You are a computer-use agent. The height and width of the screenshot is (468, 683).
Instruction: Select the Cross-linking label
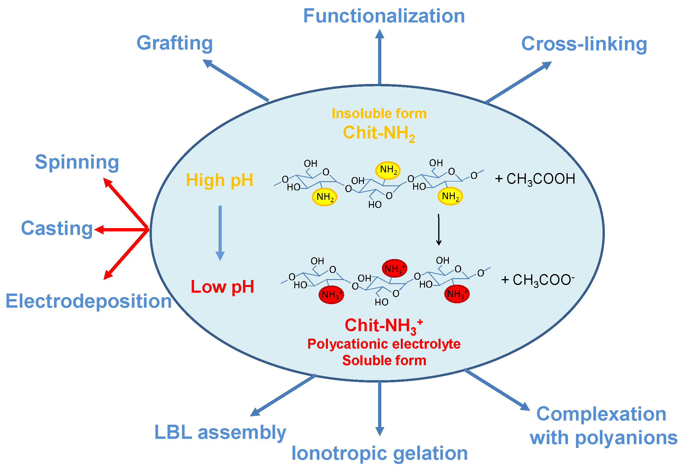584,44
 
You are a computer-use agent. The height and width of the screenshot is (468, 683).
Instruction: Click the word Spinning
77,162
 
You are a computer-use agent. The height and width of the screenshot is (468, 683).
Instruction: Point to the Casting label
57,228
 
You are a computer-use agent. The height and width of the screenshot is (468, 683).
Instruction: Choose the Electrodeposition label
88,301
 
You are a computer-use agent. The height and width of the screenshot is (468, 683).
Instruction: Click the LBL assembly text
220,433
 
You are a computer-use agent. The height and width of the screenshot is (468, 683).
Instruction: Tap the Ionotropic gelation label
380,453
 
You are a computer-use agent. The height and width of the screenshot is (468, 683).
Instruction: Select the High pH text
220,180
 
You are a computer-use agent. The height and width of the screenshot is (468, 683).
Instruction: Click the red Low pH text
222,286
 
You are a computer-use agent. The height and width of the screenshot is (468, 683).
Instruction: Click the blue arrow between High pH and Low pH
220,233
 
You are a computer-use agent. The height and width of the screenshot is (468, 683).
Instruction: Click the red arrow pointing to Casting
121,230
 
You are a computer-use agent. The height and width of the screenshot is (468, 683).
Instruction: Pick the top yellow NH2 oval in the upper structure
388,170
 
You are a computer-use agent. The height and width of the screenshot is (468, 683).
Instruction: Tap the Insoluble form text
379,114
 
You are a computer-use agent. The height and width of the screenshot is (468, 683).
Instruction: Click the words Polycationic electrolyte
384,344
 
